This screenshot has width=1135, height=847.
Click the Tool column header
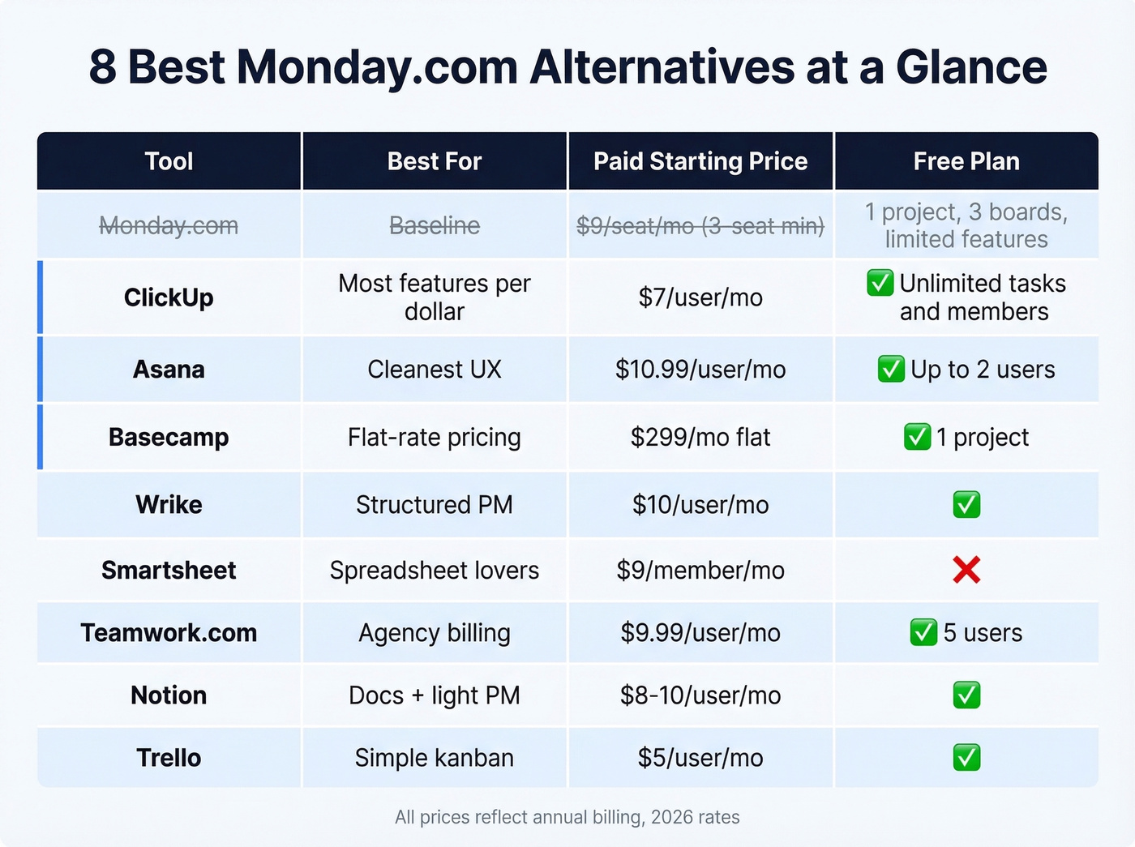click(x=169, y=161)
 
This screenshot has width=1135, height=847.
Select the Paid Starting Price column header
click(x=700, y=161)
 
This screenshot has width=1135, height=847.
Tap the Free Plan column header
click(x=966, y=161)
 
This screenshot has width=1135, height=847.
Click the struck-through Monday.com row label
click(x=169, y=225)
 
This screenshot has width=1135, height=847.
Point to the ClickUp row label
click(x=169, y=297)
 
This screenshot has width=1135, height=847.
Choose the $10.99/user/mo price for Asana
click(x=700, y=370)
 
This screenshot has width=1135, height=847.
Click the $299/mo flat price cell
click(x=700, y=438)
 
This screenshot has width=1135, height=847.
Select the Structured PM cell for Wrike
click(x=435, y=505)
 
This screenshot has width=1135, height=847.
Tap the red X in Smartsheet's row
click(x=966, y=570)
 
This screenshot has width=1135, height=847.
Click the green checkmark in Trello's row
click(x=966, y=758)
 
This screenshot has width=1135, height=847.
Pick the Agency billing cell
click(x=435, y=633)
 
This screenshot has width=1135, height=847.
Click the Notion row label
click(x=169, y=695)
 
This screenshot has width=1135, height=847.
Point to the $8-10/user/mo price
click(x=700, y=695)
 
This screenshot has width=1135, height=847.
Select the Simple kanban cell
click(x=435, y=758)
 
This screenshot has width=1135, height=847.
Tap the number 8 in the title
click(x=102, y=66)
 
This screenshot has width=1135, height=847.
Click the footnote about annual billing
click(x=567, y=817)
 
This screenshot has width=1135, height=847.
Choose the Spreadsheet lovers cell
click(x=435, y=571)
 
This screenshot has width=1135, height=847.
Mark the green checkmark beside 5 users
click(x=923, y=632)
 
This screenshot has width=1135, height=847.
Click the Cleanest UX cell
click(x=435, y=370)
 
